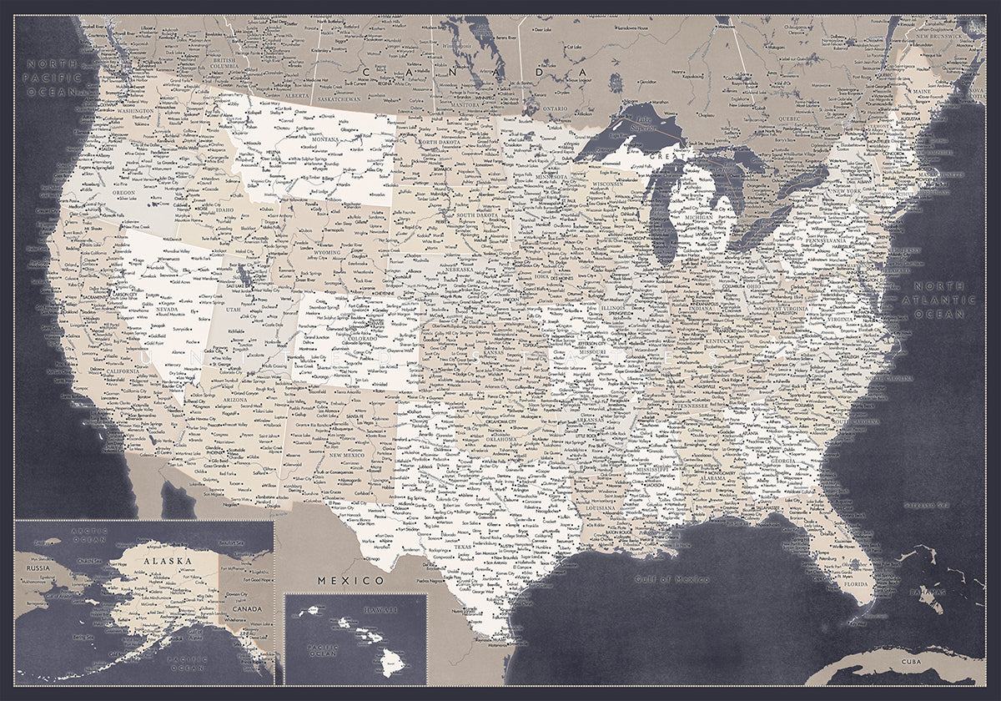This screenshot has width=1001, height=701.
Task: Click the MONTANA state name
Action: (x=313, y=140)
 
